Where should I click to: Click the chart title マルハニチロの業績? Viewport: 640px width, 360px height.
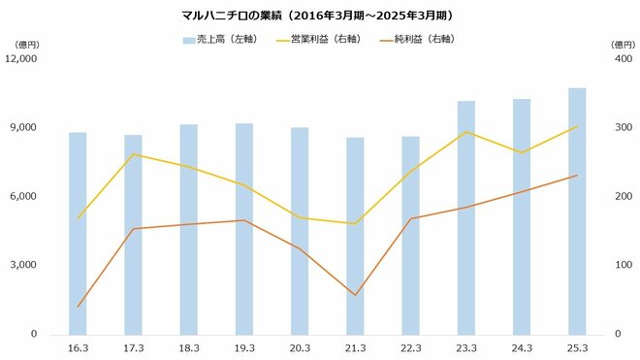317,16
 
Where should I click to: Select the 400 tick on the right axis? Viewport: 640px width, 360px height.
618,58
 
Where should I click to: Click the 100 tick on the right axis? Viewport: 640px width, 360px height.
618,265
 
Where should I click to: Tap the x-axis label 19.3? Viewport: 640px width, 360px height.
243,347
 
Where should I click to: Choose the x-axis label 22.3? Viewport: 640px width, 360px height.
410,347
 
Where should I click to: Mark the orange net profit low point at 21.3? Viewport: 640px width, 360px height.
355,295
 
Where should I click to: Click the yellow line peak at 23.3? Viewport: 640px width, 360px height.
466,132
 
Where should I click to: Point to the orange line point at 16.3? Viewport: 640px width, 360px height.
78,307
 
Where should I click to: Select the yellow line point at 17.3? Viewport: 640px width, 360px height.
133,154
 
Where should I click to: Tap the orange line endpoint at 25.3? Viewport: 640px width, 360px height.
577,176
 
